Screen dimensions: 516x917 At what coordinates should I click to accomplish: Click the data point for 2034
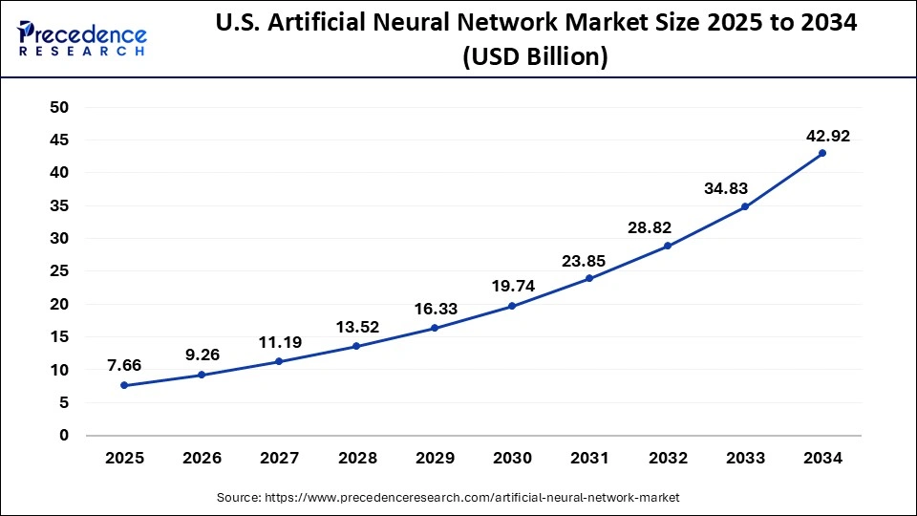pos(822,153)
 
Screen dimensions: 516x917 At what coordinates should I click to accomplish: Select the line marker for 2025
pos(124,385)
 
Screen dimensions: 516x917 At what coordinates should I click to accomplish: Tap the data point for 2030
pos(512,306)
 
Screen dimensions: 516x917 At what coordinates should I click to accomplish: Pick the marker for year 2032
pos(667,246)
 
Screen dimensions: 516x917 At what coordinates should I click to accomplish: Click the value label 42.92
pos(827,135)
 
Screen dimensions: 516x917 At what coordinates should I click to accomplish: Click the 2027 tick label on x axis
pos(279,459)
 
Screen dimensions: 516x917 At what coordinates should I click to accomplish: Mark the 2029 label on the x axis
pos(435,459)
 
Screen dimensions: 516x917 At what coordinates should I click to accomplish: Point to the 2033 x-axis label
pos(745,459)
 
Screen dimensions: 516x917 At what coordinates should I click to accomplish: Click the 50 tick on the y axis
pos(59,107)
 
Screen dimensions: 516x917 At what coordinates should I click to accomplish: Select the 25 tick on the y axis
pos(59,271)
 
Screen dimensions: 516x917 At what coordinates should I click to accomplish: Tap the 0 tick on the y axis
pos(64,436)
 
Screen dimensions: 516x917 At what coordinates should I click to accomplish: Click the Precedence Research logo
pos(82,40)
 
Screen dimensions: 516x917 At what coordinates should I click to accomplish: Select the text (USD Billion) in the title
pos(534,57)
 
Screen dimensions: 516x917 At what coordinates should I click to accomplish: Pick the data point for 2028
pos(356,346)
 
